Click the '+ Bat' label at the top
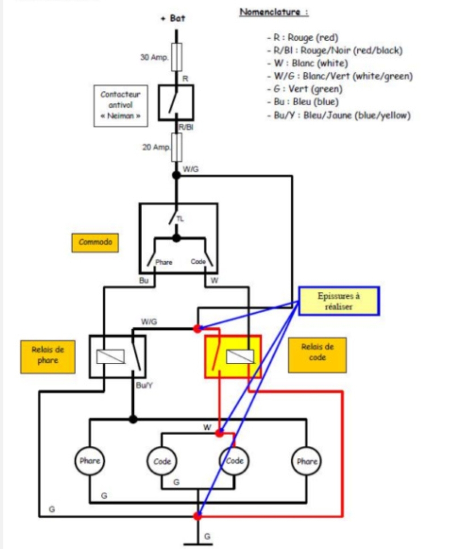(173, 18)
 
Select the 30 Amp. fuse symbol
(177, 57)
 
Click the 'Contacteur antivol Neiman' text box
(121, 105)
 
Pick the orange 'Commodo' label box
(95, 243)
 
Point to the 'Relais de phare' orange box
(47, 356)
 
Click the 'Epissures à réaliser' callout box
(339, 301)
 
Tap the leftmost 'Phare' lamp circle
(90, 461)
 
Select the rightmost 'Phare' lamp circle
(306, 461)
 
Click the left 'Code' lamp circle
(162, 461)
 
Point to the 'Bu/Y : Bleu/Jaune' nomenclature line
(342, 115)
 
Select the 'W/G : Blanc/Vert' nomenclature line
(343, 76)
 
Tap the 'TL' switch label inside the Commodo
(180, 219)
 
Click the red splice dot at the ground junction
(197, 516)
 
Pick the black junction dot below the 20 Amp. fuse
(177, 175)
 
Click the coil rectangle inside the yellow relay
(240, 356)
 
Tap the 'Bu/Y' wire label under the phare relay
(144, 385)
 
